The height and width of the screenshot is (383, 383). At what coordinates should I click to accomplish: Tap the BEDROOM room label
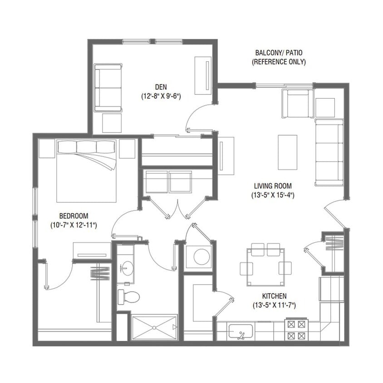(74, 216)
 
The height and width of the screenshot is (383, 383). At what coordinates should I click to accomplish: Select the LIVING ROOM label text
(272, 186)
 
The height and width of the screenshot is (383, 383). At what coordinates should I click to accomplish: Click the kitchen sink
(241, 332)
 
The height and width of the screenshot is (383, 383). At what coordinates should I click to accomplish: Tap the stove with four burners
(296, 330)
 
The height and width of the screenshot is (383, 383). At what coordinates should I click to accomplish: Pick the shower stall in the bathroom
(154, 328)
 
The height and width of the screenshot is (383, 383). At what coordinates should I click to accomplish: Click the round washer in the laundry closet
(201, 257)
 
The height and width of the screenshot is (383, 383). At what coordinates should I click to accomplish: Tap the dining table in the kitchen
(265, 267)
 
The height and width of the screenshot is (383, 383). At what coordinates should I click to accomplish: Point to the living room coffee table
(287, 146)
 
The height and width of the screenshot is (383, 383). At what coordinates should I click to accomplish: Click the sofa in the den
(108, 88)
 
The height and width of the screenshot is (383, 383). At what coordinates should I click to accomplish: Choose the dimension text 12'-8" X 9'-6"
(161, 96)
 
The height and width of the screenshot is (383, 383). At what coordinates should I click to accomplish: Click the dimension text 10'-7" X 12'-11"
(74, 225)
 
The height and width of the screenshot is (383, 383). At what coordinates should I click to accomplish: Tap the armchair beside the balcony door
(298, 103)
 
